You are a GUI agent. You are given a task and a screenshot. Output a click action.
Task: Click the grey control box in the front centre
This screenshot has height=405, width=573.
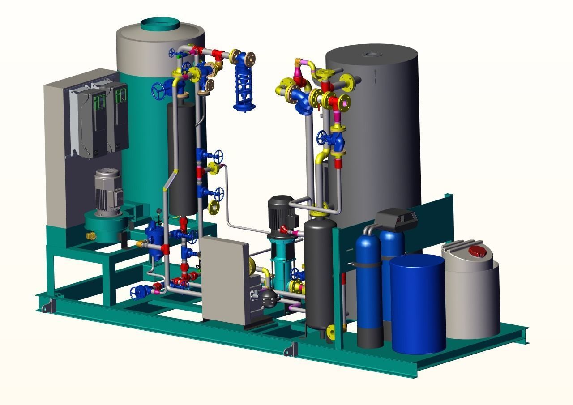pyautogui.click(x=224, y=280)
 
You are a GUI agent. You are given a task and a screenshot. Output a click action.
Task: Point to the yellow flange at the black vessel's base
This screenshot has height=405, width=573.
pyautogui.click(x=331, y=332)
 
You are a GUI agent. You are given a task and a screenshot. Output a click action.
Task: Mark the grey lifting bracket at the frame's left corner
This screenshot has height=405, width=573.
pyautogui.click(x=47, y=306)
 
